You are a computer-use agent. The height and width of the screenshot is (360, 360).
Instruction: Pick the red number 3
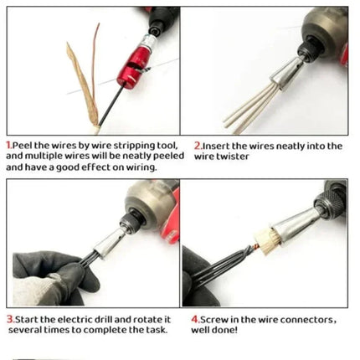tap(10, 319)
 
